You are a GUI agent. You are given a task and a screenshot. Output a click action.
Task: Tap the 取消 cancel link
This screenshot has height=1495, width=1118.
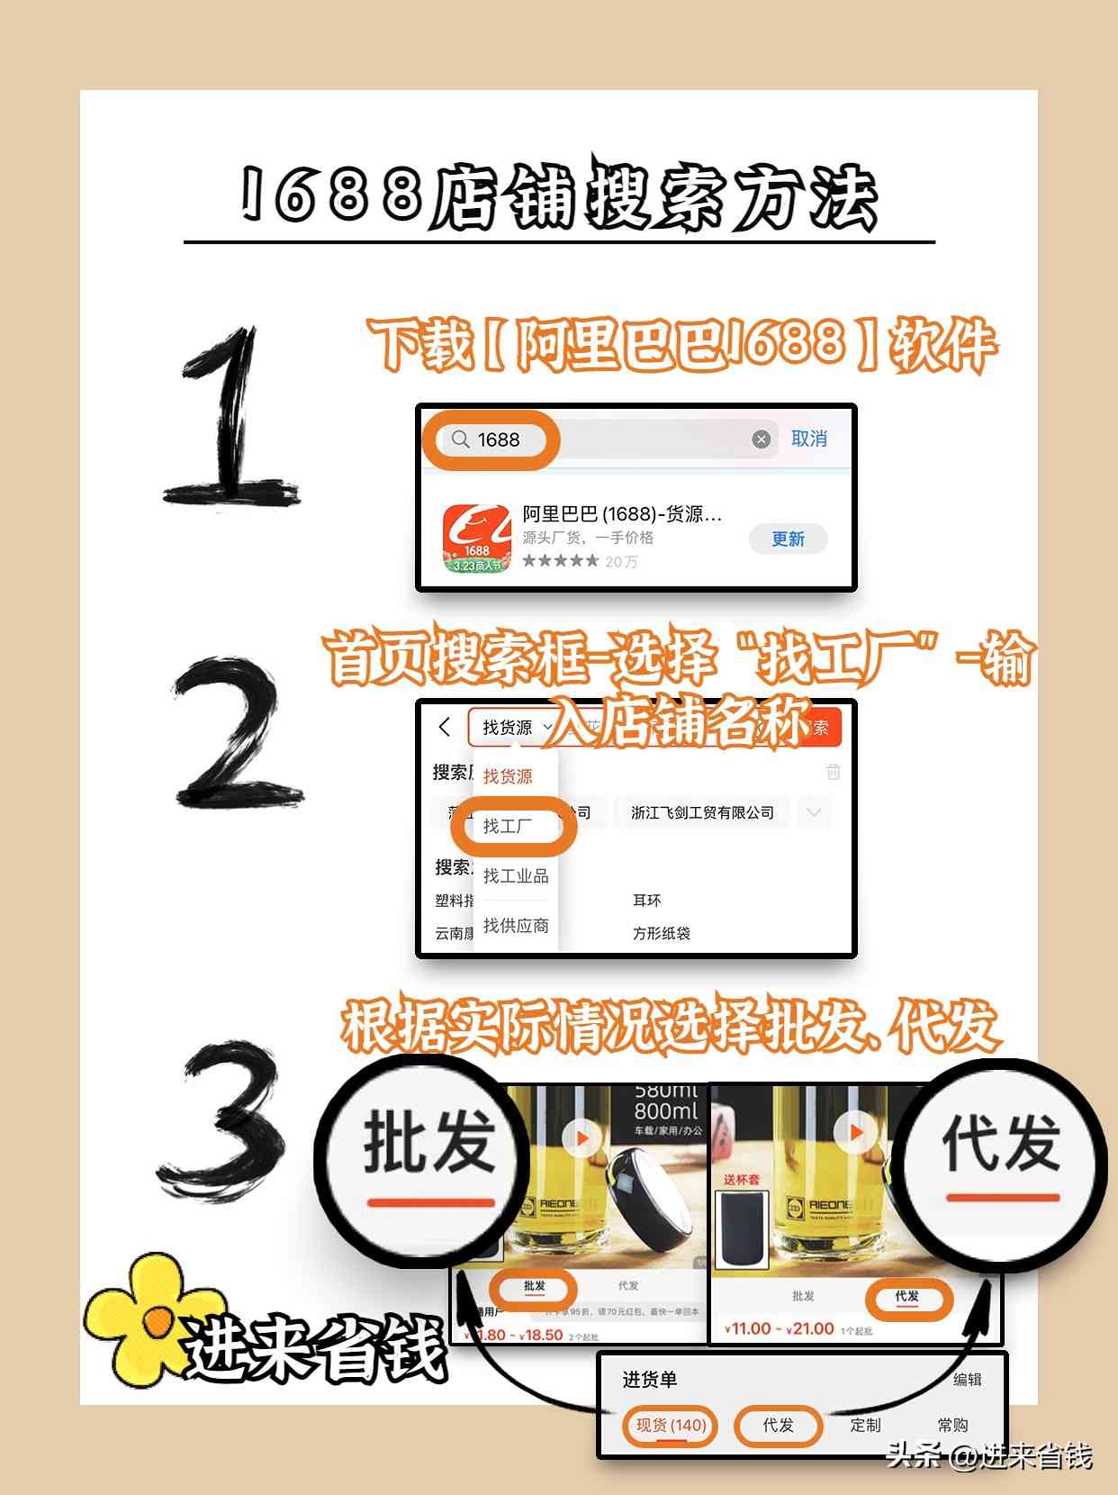click(x=808, y=439)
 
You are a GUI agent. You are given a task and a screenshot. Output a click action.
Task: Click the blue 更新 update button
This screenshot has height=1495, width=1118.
click(x=788, y=539)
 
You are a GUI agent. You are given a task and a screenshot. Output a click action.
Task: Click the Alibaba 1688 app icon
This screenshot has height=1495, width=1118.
click(x=476, y=539)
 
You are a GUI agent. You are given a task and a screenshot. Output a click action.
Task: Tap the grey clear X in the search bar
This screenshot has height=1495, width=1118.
click(x=762, y=439)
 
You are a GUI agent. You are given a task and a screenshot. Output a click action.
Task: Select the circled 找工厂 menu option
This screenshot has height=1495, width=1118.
click(x=509, y=826)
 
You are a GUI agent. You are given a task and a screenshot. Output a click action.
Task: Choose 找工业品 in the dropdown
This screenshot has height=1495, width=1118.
click(x=515, y=875)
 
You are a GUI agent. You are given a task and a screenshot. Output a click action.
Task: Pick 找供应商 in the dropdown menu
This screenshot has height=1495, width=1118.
click(x=515, y=925)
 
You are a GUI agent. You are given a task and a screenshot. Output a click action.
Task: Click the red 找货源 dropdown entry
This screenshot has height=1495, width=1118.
click(x=508, y=775)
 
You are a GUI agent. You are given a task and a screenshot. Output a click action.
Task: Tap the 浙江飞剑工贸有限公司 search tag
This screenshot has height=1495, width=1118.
click(x=702, y=812)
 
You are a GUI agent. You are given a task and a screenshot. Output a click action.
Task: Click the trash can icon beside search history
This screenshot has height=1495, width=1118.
click(x=834, y=772)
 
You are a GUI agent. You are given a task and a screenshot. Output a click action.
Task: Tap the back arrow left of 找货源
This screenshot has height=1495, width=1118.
click(x=444, y=727)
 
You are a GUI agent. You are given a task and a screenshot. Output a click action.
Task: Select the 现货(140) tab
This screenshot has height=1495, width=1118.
click(x=671, y=1425)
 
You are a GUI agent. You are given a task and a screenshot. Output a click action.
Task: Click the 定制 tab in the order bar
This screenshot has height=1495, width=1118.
click(x=865, y=1425)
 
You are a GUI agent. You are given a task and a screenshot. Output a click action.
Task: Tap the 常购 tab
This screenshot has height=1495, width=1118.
click(x=952, y=1425)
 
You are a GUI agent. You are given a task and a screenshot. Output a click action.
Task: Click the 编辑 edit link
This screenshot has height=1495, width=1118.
click(x=967, y=1380)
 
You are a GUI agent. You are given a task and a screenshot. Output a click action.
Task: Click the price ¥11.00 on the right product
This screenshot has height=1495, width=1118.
click(x=749, y=1328)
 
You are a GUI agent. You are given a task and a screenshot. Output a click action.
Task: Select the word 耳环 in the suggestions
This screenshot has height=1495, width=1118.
click(x=646, y=901)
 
